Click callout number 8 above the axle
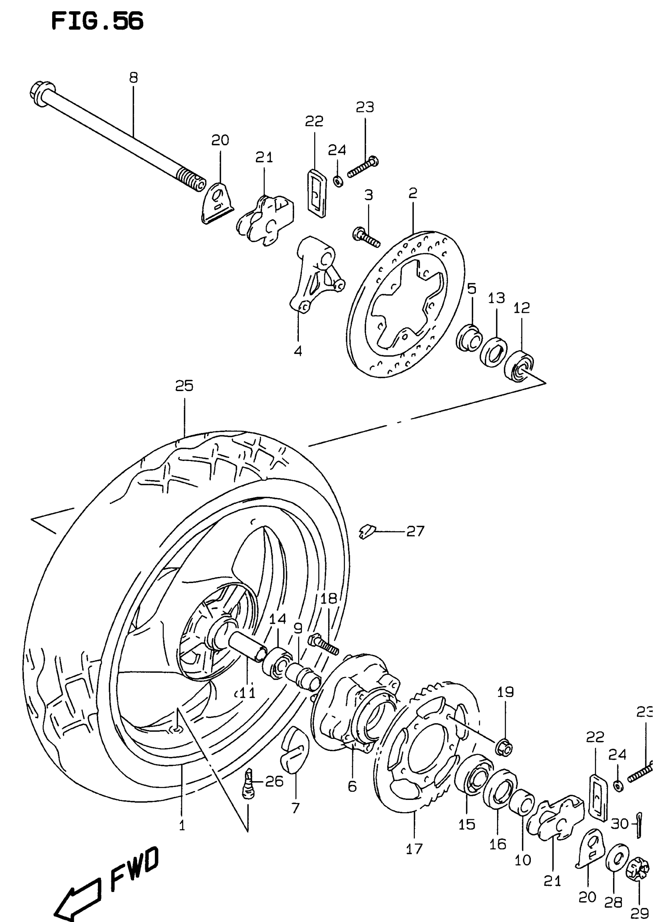[x=134, y=78]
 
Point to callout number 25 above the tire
[x=184, y=386]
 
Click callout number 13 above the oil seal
[x=497, y=298]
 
